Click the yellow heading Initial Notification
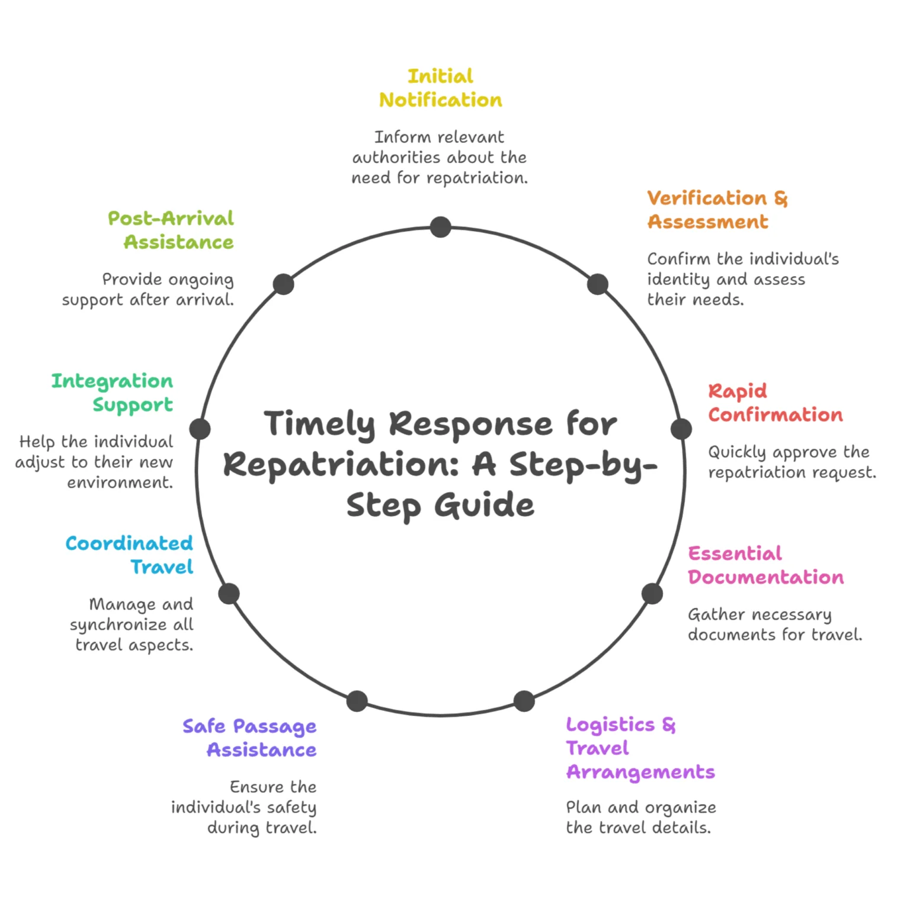click(440, 88)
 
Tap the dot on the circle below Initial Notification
click(440, 227)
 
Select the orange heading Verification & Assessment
click(717, 210)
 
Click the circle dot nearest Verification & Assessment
click(598, 284)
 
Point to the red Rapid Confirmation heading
click(775, 403)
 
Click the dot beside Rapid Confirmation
click(681, 429)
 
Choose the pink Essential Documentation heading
click(765, 565)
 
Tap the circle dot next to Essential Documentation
click(652, 594)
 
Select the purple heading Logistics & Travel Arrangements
click(640, 748)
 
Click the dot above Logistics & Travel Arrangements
click(524, 701)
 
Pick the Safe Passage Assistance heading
click(249, 738)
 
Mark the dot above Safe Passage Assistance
click(357, 701)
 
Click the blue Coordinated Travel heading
click(130, 555)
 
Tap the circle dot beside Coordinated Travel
click(229, 594)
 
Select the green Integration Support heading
click(113, 393)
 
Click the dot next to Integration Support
click(200, 429)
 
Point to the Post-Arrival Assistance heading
click(171, 230)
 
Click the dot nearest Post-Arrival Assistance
click(283, 284)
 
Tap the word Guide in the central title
click(483, 505)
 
